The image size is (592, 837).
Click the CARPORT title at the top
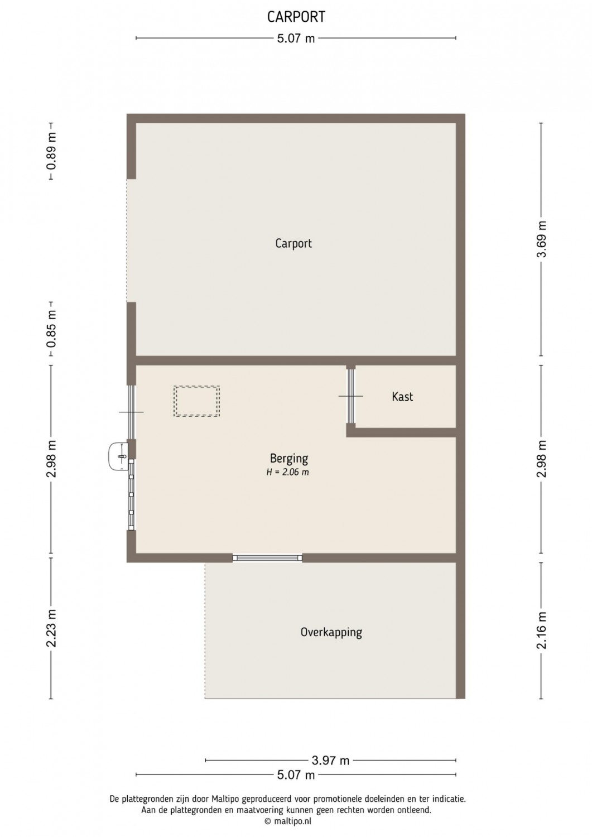[x=296, y=17]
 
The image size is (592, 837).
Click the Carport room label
[x=293, y=244]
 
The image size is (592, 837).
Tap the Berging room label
[x=289, y=458]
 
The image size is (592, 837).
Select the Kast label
[x=402, y=396]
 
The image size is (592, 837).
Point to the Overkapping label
[x=331, y=632]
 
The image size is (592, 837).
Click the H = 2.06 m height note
[x=287, y=472]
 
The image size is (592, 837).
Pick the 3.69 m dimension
[x=542, y=239]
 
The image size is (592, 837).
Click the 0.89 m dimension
[x=51, y=151]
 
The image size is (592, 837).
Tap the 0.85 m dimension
[x=51, y=329]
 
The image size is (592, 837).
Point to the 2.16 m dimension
[x=542, y=631]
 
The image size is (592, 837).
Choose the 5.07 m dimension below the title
[x=296, y=38]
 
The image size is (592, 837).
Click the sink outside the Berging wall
[x=118, y=456]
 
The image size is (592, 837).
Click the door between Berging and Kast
[x=350, y=396]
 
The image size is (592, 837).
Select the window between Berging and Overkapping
[x=267, y=558]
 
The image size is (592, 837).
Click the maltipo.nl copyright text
[x=288, y=821]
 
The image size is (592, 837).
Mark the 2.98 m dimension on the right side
[x=542, y=459]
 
